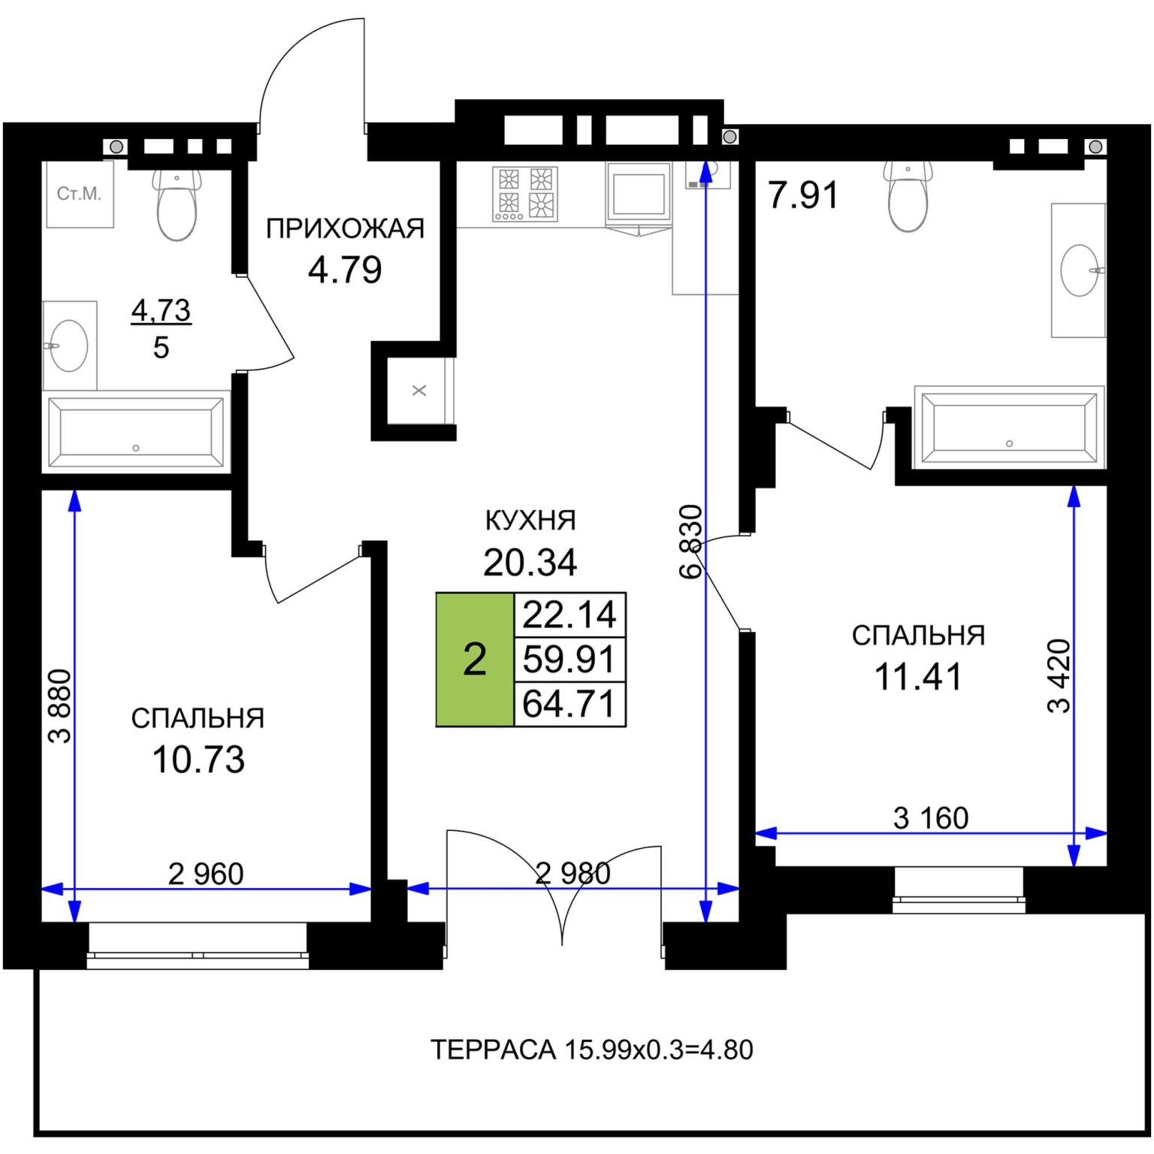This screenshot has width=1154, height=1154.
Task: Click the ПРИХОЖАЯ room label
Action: [x=345, y=228]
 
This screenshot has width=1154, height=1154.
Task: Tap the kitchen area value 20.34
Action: [x=530, y=562]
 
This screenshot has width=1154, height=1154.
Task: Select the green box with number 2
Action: [x=475, y=660]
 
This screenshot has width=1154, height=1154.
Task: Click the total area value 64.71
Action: [x=569, y=704]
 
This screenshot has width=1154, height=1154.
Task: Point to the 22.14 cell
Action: [x=569, y=615]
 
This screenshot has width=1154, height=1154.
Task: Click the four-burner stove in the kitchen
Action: [x=525, y=194]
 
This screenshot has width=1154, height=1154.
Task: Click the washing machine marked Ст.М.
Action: [x=80, y=194]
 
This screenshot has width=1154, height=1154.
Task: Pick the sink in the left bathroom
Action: [x=68, y=346]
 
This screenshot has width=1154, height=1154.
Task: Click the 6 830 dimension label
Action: [x=690, y=542]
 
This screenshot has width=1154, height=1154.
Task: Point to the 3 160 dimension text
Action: [x=931, y=817]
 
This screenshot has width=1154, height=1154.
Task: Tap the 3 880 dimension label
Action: [x=60, y=706]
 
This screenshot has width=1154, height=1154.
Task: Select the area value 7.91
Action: [x=803, y=195]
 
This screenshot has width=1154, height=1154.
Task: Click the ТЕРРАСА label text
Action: [x=493, y=1050]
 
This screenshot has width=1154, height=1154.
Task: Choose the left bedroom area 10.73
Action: [x=198, y=760]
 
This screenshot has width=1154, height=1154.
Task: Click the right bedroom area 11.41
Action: [x=918, y=677]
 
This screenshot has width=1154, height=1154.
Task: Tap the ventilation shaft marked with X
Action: [x=419, y=391]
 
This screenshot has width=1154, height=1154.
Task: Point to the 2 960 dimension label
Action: [x=206, y=874]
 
